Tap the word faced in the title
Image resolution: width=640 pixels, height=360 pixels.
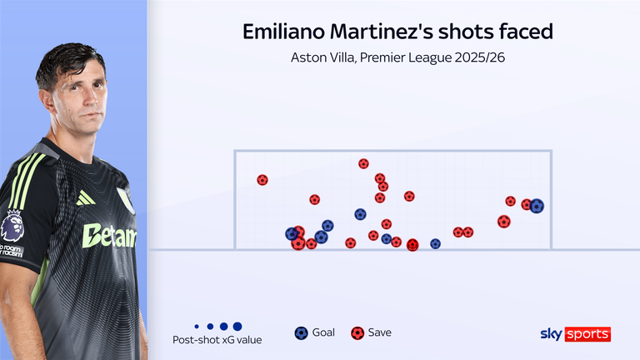coord(526,32)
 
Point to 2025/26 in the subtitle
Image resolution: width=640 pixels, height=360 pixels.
coord(478,57)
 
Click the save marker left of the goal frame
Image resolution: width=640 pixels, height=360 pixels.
coord(262,180)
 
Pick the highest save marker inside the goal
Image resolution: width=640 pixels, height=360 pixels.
coord(363,164)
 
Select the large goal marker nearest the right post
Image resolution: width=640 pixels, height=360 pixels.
coord(537,206)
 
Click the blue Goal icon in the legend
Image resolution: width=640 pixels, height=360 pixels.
coord(301,332)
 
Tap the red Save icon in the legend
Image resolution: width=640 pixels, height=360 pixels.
coord(357,332)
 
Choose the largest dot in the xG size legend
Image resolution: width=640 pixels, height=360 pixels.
coord(237,327)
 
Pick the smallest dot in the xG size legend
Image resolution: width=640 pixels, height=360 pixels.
coord(196,327)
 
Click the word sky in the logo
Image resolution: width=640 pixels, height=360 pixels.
coord(552,333)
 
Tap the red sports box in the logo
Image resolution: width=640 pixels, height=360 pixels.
coord(588,334)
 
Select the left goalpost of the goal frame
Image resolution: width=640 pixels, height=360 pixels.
coord(235,199)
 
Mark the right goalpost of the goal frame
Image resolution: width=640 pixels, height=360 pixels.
coord(551,199)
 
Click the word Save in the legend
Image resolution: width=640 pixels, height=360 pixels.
coord(379,332)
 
